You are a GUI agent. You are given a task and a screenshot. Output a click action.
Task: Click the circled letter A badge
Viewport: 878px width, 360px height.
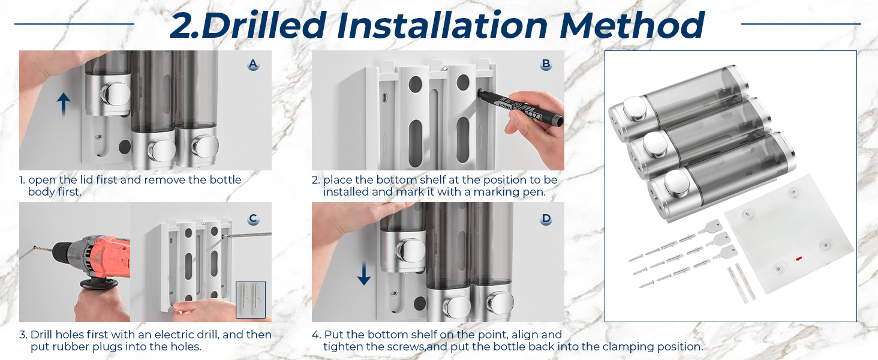[x=253, y=64]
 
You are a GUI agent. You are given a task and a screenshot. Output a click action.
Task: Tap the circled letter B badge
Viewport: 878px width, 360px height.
[x=546, y=64]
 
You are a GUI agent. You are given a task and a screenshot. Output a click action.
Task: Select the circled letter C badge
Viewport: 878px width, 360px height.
[x=253, y=219]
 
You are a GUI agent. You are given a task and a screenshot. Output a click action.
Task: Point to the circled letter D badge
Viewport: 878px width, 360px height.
[x=546, y=219]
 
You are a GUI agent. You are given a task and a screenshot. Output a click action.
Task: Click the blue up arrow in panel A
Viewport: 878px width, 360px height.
[x=64, y=105]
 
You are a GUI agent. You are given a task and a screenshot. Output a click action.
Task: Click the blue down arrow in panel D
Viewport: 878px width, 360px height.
[x=364, y=273]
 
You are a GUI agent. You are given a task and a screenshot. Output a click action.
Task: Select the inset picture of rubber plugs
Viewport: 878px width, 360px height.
[x=251, y=299]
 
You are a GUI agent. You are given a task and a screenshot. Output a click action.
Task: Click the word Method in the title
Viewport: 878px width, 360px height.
[x=632, y=25]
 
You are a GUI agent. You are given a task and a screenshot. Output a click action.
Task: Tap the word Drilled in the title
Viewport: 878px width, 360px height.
[x=263, y=25]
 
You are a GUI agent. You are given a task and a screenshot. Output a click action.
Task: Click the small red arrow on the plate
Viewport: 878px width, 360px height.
[x=798, y=259]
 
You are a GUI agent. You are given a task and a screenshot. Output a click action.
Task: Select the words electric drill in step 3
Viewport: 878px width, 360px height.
[x=187, y=335]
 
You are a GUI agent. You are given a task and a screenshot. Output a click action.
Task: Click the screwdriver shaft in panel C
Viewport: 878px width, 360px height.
[x=248, y=235]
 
